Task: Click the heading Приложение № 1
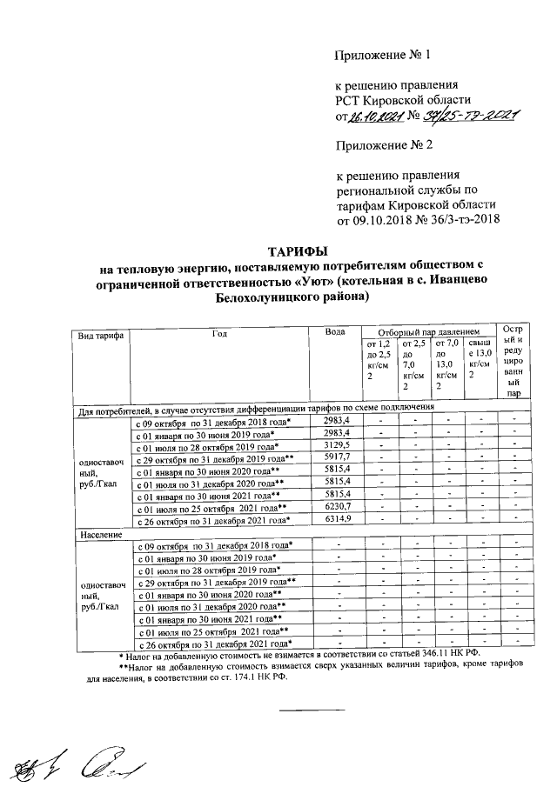(x=384, y=57)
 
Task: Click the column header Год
(x=219, y=333)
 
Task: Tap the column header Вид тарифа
(x=100, y=334)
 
